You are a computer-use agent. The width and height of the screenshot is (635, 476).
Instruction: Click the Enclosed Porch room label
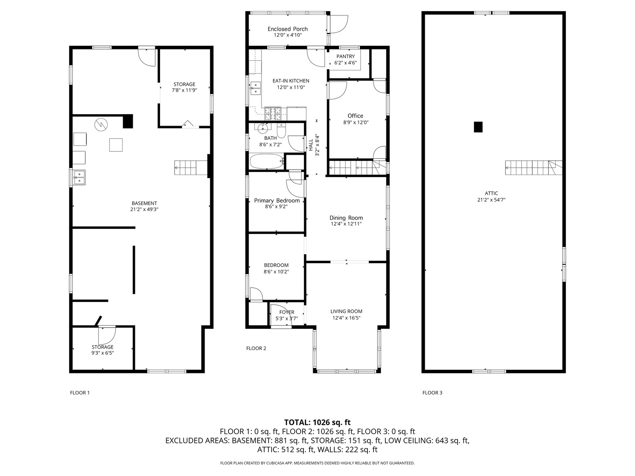point(288,29)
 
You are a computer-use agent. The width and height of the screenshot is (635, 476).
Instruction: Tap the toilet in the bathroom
point(281,130)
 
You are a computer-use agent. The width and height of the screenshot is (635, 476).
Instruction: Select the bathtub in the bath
point(266,162)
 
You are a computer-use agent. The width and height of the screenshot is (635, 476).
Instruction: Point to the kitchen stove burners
point(273,113)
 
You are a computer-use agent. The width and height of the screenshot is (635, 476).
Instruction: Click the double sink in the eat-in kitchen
point(255,88)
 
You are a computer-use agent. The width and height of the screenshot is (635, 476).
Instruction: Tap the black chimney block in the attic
point(478,127)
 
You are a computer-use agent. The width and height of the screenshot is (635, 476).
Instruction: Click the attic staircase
point(534,167)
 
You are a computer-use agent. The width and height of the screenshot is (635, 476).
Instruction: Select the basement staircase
point(191,167)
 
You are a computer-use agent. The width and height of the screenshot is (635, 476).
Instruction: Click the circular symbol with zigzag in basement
point(101,125)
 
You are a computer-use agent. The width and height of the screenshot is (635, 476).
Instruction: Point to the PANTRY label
point(345,56)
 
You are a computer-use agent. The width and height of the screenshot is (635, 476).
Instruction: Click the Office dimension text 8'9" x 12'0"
point(355,122)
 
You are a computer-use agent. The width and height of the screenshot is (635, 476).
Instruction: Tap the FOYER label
point(287,312)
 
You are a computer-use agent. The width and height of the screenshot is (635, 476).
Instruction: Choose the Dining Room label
point(346,218)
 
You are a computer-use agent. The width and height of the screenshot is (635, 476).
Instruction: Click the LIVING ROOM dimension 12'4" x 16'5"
point(346,318)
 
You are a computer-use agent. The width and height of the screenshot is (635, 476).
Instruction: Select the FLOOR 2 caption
point(256,348)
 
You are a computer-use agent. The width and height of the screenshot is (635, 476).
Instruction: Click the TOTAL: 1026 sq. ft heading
point(317,422)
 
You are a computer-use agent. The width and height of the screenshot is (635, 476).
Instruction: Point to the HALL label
point(311,145)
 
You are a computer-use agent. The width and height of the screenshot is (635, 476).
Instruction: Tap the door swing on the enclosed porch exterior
point(339,24)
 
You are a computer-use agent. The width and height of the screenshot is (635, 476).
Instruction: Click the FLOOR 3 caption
point(432,392)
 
